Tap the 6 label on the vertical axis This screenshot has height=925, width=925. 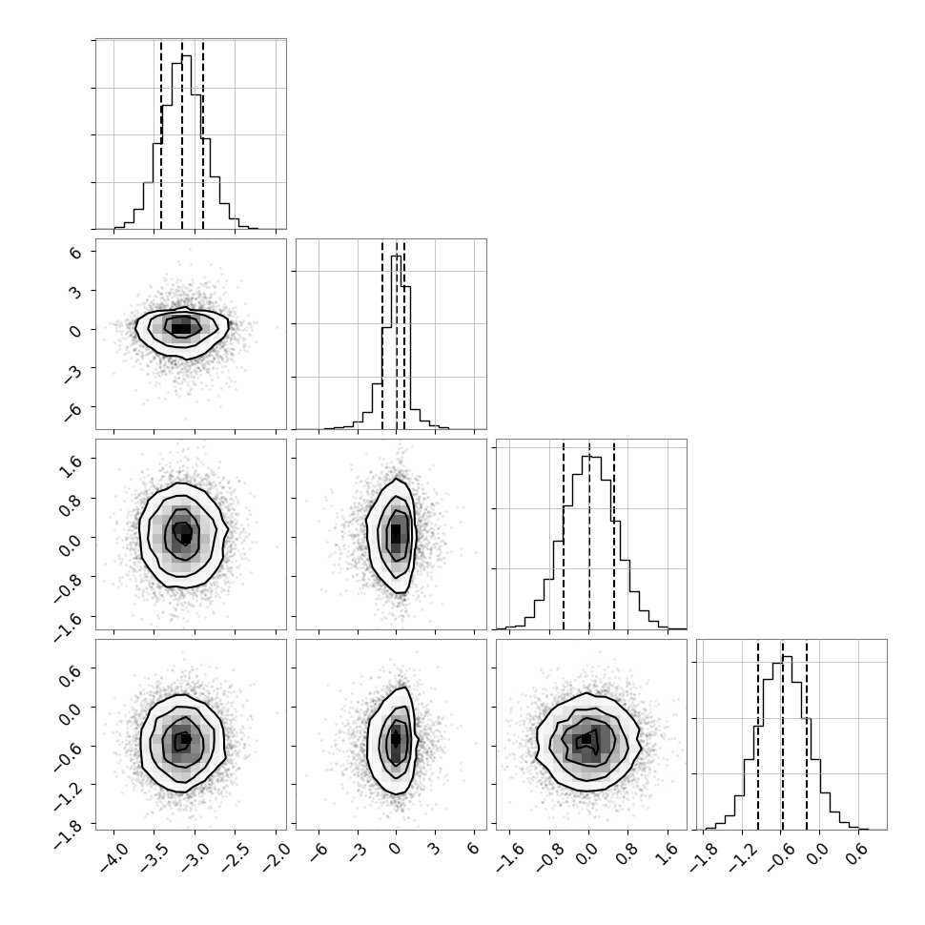click(x=75, y=252)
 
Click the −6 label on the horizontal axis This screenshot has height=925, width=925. click(x=319, y=852)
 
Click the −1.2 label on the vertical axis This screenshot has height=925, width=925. click(x=69, y=788)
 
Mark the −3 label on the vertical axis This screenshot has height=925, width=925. click(x=72, y=370)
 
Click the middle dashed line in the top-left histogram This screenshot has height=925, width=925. click(x=182, y=134)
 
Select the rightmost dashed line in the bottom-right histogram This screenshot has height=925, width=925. click(x=807, y=734)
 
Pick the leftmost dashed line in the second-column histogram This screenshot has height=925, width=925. click(x=382, y=335)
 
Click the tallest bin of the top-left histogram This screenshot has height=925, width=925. click(x=186, y=141)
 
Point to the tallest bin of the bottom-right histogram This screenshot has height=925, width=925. click(x=787, y=743)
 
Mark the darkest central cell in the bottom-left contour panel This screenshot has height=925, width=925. click(x=186, y=738)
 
